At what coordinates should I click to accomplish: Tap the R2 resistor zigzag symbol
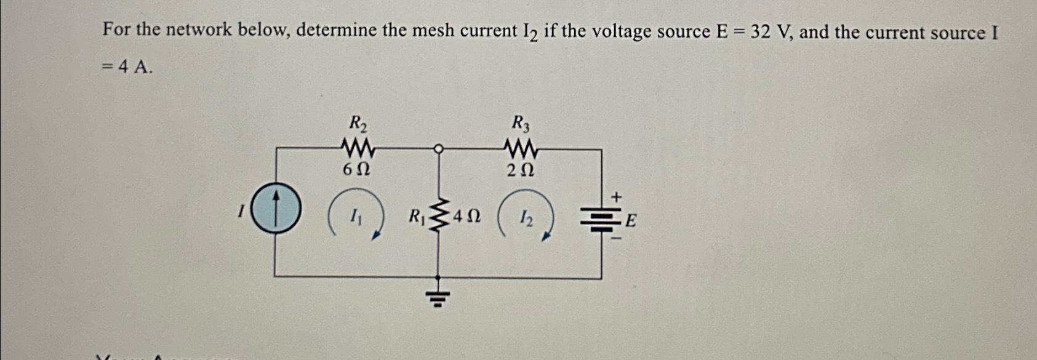[358, 148]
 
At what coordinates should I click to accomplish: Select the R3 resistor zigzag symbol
[521, 148]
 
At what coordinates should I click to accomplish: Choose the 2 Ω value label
[520, 170]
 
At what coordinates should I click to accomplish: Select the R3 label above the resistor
[521, 124]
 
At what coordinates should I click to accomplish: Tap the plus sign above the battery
[616, 196]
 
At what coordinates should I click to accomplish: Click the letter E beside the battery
[631, 220]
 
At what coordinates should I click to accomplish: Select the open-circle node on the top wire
[438, 148]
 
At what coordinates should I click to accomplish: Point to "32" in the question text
[760, 31]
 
